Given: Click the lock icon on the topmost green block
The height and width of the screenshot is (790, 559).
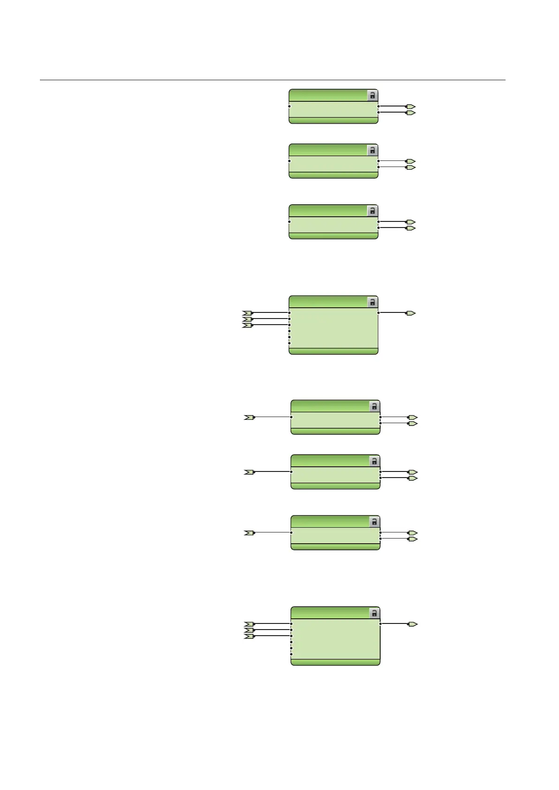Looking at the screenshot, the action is [372, 95].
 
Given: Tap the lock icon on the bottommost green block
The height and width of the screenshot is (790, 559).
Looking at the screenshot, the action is [374, 613].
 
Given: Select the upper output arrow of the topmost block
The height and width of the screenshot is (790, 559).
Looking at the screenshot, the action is [411, 106].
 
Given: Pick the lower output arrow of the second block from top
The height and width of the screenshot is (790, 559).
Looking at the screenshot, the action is [411, 167].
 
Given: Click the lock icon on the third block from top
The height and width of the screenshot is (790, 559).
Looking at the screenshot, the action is [372, 211].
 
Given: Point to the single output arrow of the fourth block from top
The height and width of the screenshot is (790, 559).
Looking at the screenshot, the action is [411, 312].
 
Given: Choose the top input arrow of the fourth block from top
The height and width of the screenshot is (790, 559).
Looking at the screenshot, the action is [247, 312].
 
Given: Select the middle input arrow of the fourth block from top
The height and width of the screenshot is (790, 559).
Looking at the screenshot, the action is [247, 319].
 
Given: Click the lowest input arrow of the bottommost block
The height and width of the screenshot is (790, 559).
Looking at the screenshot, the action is [249, 636].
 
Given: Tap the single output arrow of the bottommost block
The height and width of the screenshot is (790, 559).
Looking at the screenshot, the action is [413, 624].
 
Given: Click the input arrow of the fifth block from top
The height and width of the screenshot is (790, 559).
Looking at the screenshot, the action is [249, 417].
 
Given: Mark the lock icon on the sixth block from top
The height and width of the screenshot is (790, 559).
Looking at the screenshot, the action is [374, 461].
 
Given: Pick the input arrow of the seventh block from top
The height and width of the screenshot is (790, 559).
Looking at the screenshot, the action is [249, 532].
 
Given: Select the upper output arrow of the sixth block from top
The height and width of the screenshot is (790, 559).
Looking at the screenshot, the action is [413, 472].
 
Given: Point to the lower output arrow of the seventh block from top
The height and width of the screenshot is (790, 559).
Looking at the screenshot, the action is [413, 539].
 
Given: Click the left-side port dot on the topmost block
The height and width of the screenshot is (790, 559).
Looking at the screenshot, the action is [290, 106].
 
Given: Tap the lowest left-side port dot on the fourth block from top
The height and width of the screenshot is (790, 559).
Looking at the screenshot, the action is [290, 343].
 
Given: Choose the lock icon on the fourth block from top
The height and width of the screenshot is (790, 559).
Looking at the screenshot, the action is [372, 302].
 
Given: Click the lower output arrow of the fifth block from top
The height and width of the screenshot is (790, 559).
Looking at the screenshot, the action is [413, 423].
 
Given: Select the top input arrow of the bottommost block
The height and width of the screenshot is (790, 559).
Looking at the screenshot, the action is [249, 624].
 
